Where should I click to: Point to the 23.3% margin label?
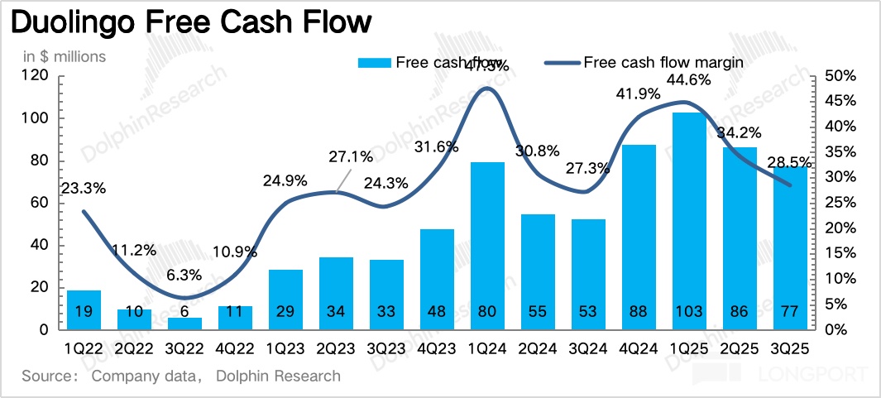pyautogui.click(x=84, y=188)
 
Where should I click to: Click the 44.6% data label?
pyautogui.click(x=687, y=80)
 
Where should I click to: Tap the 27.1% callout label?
pyautogui.click(x=351, y=156)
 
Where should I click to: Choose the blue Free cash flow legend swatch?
pyautogui.click(x=374, y=62)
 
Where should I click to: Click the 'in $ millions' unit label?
pyautogui.click(x=64, y=56)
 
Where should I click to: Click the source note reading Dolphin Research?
pyautogui.click(x=278, y=376)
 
